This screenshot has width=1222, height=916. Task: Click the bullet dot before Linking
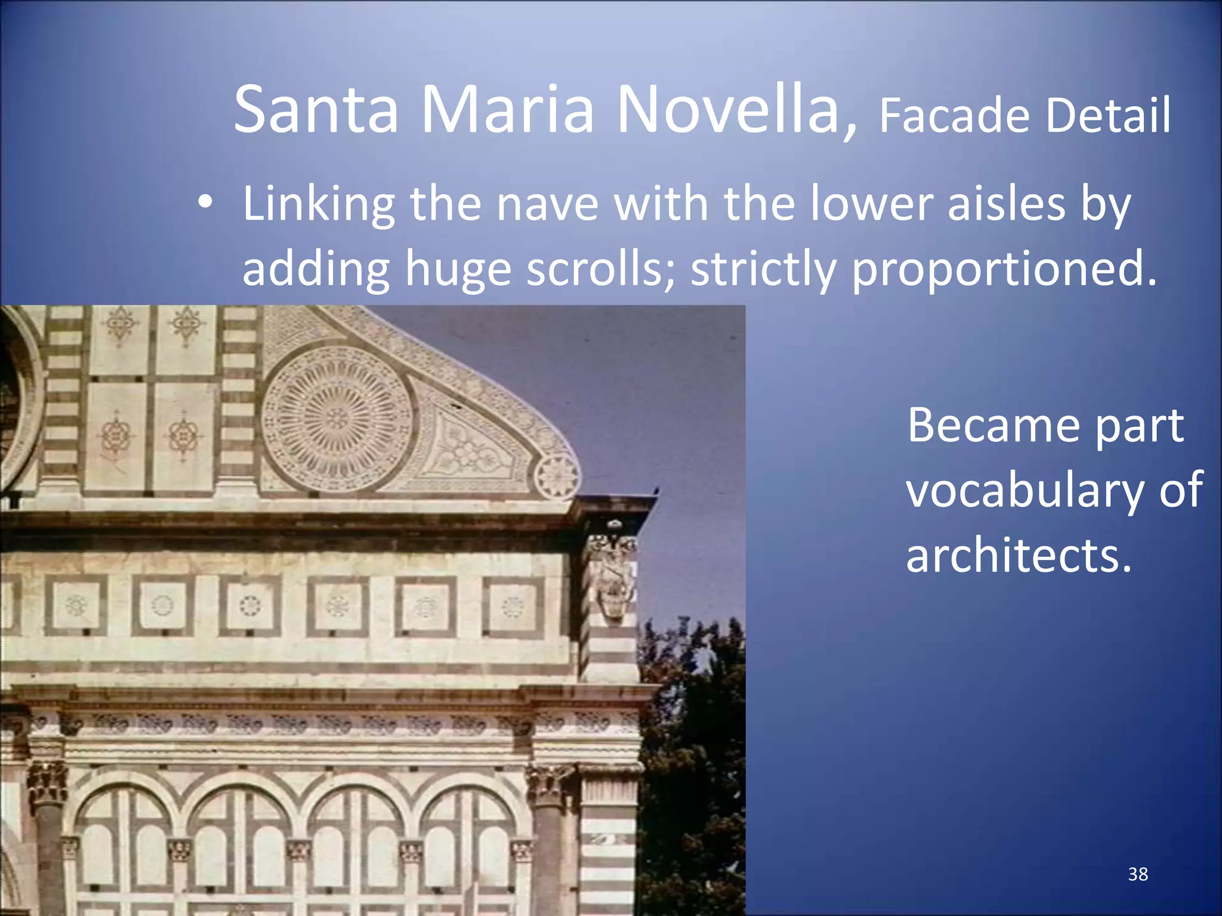pos(205,203)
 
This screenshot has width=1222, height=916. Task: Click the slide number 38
pos(1138,874)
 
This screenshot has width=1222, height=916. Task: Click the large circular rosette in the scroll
pos(337,418)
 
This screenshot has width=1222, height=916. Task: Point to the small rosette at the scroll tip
pos(557,476)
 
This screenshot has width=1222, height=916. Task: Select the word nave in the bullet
pos(547,203)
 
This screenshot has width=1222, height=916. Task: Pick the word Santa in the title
pos(316,110)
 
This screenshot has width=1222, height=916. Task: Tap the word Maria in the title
pos(508,110)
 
